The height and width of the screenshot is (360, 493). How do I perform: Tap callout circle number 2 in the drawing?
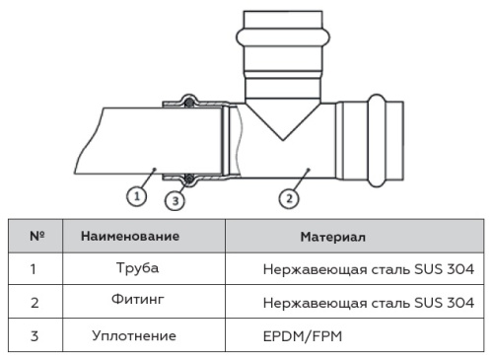[288, 197]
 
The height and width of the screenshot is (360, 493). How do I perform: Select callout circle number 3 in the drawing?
[174, 202]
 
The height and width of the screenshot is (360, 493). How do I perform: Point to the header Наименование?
[129, 237]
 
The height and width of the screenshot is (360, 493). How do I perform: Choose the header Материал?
[332, 237]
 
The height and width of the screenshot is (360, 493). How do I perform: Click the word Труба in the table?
[137, 267]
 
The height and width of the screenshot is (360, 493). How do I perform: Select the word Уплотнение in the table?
[134, 335]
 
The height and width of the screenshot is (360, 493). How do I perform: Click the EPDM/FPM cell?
[301, 335]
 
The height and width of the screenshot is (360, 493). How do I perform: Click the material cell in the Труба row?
[369, 268]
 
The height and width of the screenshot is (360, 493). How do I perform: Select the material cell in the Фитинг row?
[369, 301]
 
